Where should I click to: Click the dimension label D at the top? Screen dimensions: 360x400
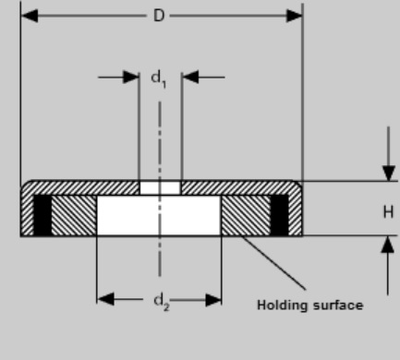(x=161, y=15)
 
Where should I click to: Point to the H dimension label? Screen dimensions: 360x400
(x=388, y=211)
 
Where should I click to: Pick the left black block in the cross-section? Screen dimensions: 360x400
(x=42, y=216)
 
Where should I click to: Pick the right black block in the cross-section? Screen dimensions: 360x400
(x=279, y=216)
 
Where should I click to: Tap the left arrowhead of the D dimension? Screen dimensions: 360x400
(x=29, y=16)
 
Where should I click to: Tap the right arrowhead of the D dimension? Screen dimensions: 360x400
(x=294, y=16)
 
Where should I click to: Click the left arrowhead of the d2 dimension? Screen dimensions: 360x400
(x=104, y=298)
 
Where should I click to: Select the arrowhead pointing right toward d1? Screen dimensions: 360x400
(x=131, y=78)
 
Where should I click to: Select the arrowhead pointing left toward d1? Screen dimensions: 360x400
(x=189, y=78)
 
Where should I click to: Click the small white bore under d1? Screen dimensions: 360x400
(x=160, y=188)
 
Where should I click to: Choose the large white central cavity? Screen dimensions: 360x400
(x=159, y=216)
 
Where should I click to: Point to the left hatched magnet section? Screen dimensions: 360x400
(x=75, y=216)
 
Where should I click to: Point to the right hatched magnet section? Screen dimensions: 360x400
(x=244, y=216)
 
